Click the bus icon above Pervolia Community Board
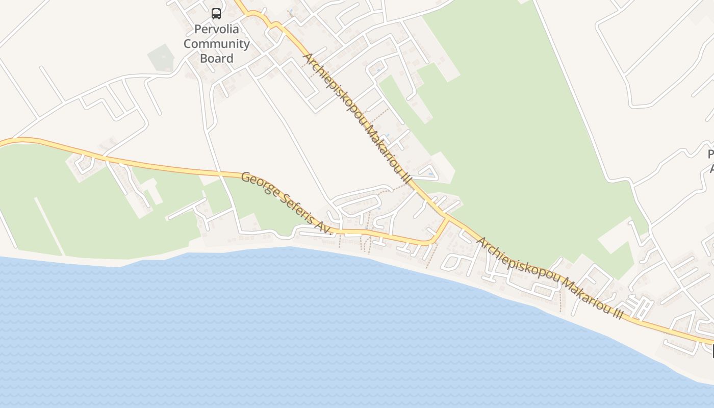click(x=216, y=14)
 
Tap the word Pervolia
click(x=217, y=29)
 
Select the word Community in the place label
click(x=217, y=44)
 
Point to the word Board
click(x=217, y=58)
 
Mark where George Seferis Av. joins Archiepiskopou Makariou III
click(x=448, y=218)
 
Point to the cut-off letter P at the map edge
click(x=710, y=154)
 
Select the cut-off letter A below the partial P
click(x=710, y=168)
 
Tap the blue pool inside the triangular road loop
click(x=431, y=174)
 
